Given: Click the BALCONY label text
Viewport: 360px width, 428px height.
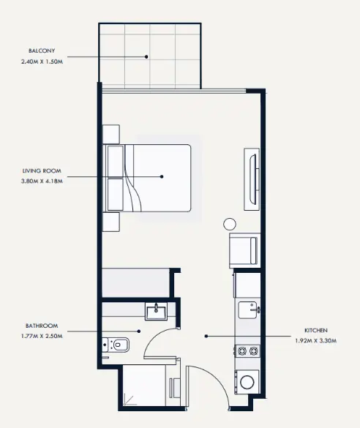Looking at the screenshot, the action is tap(42, 50).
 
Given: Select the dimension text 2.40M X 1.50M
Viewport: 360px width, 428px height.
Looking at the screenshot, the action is tap(42, 61).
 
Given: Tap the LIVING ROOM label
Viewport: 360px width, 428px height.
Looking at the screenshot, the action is tap(42, 171).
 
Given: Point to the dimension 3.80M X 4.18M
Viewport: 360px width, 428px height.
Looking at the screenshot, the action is tap(42, 181).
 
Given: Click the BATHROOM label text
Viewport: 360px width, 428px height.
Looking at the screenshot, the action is tap(42, 326).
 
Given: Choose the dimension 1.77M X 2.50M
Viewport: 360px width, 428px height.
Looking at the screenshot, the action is tap(42, 336).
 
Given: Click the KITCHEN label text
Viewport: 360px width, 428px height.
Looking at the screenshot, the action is tap(316, 330).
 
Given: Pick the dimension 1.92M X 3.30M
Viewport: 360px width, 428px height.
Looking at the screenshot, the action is tap(316, 341).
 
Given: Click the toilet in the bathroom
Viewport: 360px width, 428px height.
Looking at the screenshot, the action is tap(116, 345).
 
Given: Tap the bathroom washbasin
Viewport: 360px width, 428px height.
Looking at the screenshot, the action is tap(156, 312).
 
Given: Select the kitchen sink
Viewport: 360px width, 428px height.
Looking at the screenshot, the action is tap(248, 309).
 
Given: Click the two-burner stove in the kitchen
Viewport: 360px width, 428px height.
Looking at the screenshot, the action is tap(247, 351).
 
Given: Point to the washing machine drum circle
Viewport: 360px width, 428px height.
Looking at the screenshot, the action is tap(247, 382).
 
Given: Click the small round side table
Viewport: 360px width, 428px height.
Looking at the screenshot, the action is tap(230, 224).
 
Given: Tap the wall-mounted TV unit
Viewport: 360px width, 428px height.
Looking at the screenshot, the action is tap(252, 179).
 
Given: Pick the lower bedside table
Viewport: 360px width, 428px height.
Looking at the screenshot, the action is tap(111, 222).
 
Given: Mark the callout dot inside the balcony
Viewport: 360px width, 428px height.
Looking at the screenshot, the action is tap(146, 57).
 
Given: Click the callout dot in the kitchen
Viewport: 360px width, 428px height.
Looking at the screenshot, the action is tap(206, 336).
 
